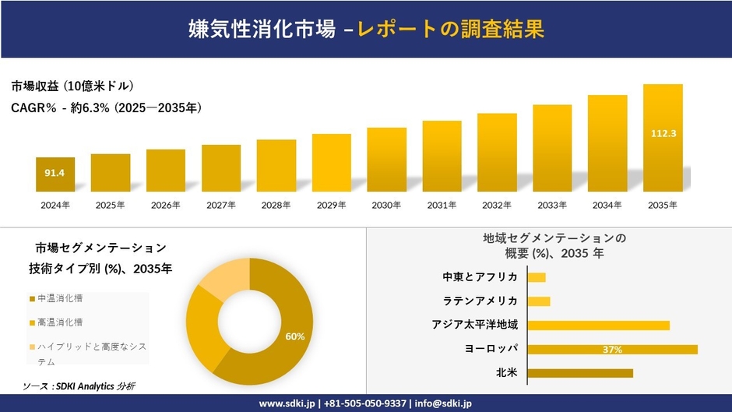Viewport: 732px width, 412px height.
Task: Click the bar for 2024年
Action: click(x=55, y=174)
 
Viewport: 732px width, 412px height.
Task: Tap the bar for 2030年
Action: click(x=386, y=160)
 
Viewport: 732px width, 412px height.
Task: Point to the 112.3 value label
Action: click(x=663, y=133)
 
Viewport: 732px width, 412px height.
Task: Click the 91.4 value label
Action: click(x=55, y=171)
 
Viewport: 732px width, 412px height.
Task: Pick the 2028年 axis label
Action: click(x=276, y=205)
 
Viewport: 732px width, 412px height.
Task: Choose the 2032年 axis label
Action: click(x=497, y=205)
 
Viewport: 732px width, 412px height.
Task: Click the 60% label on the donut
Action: click(x=295, y=336)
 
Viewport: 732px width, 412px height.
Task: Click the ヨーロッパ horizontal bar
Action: click(x=612, y=349)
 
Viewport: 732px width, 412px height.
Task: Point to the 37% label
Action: click(x=612, y=350)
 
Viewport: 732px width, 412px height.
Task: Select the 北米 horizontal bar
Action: click(x=580, y=373)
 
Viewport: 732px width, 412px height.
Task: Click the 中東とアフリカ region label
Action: click(x=480, y=277)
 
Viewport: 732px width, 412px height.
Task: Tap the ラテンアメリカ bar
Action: click(x=539, y=301)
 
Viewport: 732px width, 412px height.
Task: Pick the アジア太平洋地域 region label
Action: click(x=475, y=325)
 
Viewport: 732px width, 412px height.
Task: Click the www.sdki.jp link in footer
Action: click(x=286, y=403)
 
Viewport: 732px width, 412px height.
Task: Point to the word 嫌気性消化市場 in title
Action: click(x=262, y=29)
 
